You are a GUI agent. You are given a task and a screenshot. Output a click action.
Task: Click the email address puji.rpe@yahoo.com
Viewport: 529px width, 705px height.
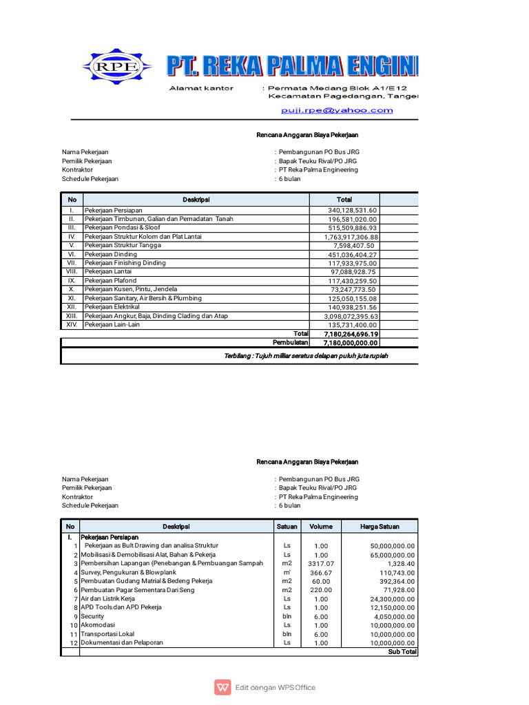tap(336, 110)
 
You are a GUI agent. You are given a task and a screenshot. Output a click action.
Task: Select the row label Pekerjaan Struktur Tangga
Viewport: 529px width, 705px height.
tap(123, 245)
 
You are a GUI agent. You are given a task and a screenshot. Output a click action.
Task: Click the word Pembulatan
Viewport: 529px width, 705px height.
tap(290, 342)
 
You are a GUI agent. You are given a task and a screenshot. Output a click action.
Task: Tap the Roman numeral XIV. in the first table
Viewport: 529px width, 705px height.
tap(71, 324)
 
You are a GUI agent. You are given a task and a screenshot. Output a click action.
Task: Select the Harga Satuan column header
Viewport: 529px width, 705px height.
tap(380, 527)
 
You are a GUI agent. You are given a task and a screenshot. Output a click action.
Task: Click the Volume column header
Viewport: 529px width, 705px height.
tap(320, 527)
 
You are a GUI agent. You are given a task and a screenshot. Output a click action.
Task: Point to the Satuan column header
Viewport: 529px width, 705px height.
tap(287, 527)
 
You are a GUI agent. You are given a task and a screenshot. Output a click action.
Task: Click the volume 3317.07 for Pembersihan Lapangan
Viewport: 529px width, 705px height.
tap(320, 563)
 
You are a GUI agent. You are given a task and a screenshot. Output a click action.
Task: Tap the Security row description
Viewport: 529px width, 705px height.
tap(92, 617)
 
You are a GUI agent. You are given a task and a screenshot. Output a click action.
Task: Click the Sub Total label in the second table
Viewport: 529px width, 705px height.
tap(402, 651)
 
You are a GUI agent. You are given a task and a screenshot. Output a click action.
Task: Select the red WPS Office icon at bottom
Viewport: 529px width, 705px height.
tap(222, 687)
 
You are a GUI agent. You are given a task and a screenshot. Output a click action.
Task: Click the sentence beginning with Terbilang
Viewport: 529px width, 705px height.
tap(307, 356)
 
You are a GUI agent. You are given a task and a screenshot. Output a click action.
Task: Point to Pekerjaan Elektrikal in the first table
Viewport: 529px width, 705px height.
tap(112, 307)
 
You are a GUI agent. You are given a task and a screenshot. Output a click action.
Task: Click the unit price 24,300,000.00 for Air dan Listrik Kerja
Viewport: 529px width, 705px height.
tap(388, 599)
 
